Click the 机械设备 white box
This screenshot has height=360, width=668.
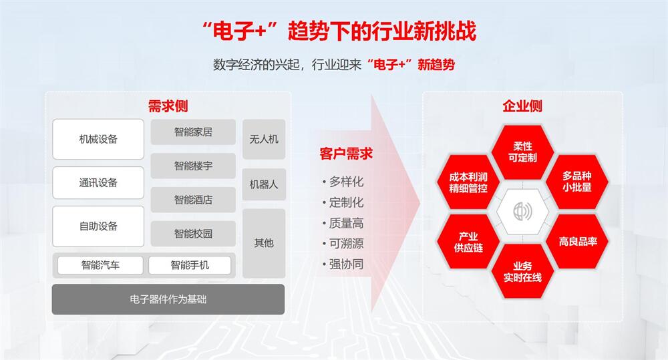tap(98, 139)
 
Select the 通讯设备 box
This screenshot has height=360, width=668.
tap(98, 182)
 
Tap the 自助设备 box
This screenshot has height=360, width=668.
tap(98, 226)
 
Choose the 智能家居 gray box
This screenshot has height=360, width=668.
tap(193, 132)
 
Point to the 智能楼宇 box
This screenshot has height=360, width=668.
tap(193, 166)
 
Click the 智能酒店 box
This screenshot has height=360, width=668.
tap(193, 200)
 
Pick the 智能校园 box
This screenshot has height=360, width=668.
tap(193, 234)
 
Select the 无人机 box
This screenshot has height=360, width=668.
tap(264, 139)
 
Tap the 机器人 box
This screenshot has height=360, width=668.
tap(264, 184)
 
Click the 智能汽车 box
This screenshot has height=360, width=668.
tap(100, 265)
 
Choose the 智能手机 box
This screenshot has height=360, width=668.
tap(190, 265)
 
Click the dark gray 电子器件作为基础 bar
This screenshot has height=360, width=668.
tap(168, 299)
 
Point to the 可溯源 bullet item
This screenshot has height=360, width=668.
tap(343, 244)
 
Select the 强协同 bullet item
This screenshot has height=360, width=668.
tap(343, 264)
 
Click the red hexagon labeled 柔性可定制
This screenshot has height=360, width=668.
tap(522, 152)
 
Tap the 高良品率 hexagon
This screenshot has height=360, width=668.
tap(577, 242)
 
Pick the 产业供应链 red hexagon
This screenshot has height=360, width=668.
tap(468, 242)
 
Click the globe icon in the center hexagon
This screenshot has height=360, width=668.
tap(523, 211)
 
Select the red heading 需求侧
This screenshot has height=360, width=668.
tap(168, 106)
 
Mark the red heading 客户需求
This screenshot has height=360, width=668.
tap(346, 154)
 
